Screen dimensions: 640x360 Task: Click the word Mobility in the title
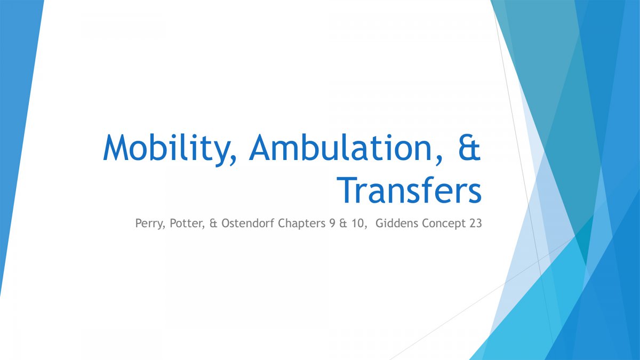click(167, 149)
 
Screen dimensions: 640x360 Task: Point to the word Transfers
click(409, 190)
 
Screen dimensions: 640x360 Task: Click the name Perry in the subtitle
click(149, 223)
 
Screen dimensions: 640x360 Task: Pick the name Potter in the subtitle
click(186, 223)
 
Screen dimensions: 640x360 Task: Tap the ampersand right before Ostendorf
click(213, 223)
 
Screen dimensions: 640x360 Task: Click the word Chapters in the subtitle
click(301, 223)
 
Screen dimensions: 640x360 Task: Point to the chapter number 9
click(332, 223)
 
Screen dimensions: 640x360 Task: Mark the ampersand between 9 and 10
click(343, 223)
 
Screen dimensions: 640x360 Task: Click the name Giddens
click(397, 223)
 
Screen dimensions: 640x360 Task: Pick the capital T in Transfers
click(347, 190)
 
